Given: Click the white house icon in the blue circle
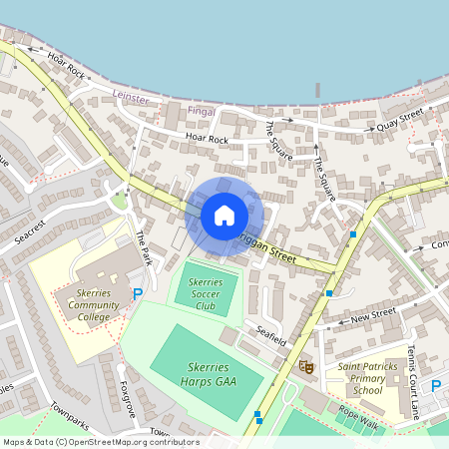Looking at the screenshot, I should click(x=224, y=216).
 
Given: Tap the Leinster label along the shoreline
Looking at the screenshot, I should click(x=132, y=99).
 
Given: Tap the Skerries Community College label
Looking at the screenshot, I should click(x=81, y=304).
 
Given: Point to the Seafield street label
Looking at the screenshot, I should click(x=270, y=335).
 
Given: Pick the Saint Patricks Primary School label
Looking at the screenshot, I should click(x=367, y=378).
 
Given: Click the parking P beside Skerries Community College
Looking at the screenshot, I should click(x=138, y=294).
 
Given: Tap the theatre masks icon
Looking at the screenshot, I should click(x=307, y=367).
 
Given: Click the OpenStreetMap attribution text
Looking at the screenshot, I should click(x=88, y=441).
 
